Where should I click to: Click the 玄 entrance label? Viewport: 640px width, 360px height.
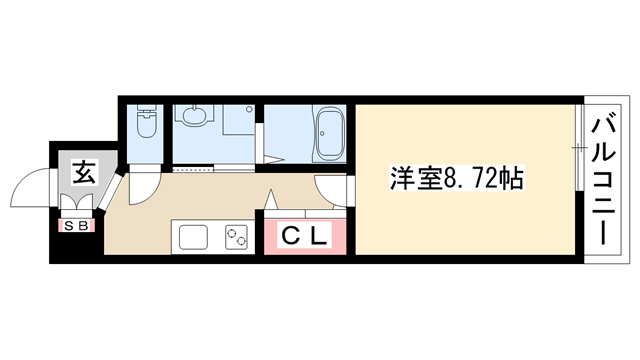point(85,172)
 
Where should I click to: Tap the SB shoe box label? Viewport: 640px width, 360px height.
point(78,226)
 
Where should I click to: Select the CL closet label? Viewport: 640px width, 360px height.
point(305,236)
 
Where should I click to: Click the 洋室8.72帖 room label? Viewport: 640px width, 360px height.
point(456,178)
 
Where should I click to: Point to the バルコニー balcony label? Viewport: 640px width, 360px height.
point(603,181)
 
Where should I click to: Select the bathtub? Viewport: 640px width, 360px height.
point(329,134)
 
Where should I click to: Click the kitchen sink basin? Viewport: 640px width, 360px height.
point(193,237)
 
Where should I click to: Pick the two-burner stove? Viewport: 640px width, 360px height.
point(236,237)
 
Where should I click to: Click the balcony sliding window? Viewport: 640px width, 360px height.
point(578,147)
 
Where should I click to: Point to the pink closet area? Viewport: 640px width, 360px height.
point(305,236)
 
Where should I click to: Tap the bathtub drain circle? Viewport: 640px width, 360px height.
point(322,133)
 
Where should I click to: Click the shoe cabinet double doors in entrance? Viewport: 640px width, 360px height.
point(76,201)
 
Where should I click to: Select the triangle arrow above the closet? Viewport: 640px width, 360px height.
point(270,200)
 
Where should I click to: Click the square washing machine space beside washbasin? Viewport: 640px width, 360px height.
point(239,119)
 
